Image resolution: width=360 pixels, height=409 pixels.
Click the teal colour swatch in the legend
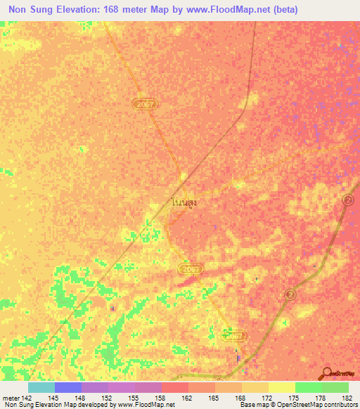41,387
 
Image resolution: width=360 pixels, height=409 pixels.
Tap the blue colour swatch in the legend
67,387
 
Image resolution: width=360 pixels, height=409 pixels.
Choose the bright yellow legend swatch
281,387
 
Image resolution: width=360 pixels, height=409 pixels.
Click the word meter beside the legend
11,398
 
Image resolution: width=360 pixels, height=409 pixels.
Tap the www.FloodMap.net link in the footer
146,405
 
